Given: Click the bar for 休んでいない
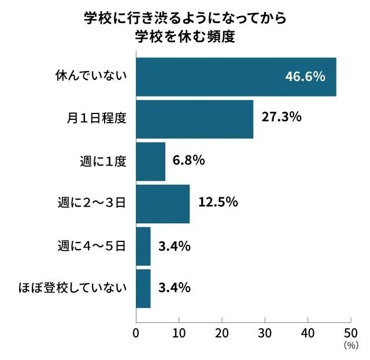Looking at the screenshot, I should tap(236, 77).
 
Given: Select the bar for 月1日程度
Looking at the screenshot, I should tap(194, 119).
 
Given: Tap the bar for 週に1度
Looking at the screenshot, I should tap(150, 161).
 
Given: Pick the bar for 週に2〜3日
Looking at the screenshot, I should tap(162, 203).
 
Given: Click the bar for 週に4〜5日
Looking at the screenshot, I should tap(143, 246).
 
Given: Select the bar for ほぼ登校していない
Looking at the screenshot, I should tap(143, 288).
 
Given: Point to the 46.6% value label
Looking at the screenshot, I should tap(305, 77).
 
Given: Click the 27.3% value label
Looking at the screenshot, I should tap(282, 117).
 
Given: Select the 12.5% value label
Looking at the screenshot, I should tap(218, 202).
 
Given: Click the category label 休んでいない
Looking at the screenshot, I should tap(91, 76).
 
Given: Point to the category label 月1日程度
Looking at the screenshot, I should tap(97, 118).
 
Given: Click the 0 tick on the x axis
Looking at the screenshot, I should tap(136, 333).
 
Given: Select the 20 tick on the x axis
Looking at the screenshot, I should tap(221, 333).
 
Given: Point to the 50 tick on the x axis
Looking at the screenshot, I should tap(350, 333).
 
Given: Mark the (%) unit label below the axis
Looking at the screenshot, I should tap(351, 346).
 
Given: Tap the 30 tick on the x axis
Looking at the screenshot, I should tap(265, 333).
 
